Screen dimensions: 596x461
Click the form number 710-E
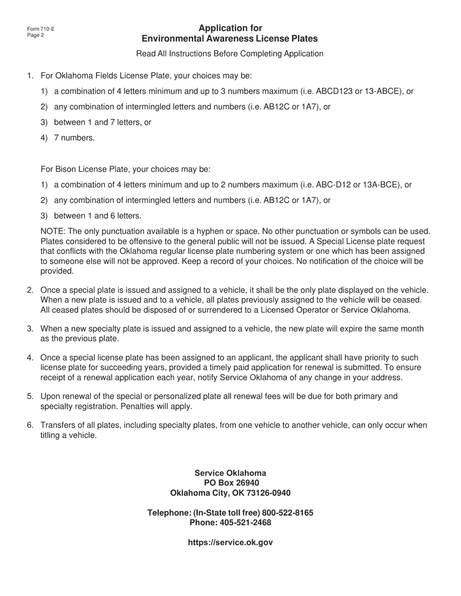[x=41, y=29]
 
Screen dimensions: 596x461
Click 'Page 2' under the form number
[x=35, y=35]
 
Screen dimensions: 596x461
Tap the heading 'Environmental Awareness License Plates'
[x=230, y=39]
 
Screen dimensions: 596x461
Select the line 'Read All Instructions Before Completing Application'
[x=230, y=54]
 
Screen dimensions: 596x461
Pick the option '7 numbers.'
[x=74, y=138]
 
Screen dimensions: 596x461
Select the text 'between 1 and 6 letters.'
[x=98, y=216]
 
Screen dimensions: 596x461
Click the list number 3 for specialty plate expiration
[x=30, y=329]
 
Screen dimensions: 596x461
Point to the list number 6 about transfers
[x=30, y=425]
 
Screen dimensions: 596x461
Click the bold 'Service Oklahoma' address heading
[x=230, y=473]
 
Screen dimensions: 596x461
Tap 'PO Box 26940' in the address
[x=231, y=483]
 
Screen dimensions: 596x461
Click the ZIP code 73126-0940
[x=268, y=493]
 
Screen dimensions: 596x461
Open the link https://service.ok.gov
[x=230, y=543]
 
